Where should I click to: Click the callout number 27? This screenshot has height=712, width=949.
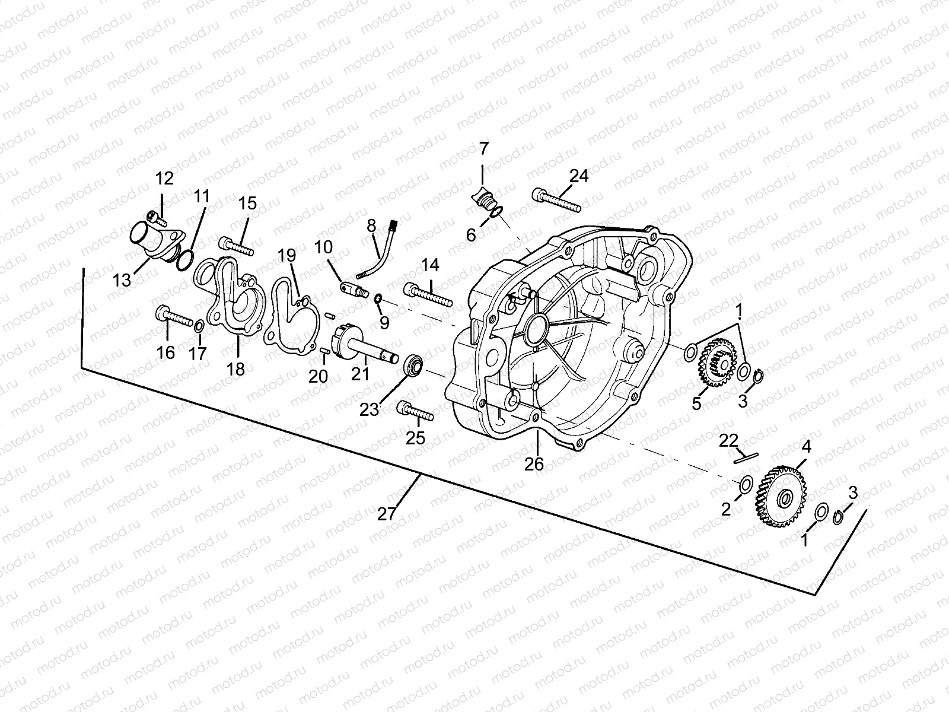click(386, 514)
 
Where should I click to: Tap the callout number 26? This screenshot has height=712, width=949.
click(534, 463)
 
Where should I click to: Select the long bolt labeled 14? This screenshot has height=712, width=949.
click(428, 294)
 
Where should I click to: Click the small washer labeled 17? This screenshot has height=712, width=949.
click(200, 326)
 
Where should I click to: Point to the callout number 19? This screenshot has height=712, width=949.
click(286, 256)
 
